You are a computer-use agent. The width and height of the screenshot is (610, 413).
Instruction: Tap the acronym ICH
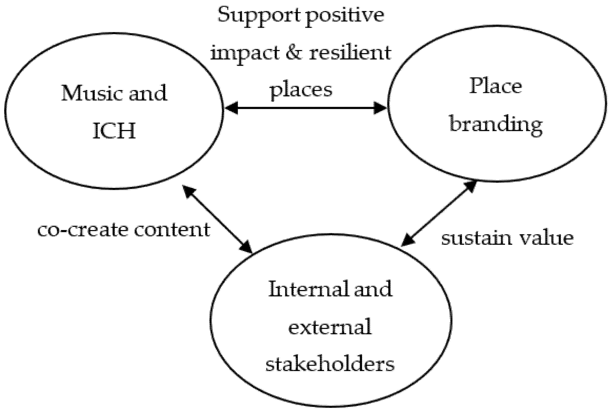pos(115,130)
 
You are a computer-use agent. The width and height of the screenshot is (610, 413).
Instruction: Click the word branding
pos(496,125)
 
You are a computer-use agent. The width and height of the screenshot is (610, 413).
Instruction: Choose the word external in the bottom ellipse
pos(330,327)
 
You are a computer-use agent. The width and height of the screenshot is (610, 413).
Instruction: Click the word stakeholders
pos(330,364)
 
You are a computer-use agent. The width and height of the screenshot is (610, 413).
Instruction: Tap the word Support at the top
pos(259,15)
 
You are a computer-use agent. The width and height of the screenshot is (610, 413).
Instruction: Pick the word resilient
pos(350,52)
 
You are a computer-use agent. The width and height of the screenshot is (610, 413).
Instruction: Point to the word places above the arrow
pos(301,90)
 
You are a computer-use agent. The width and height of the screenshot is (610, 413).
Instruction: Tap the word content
pos(172,230)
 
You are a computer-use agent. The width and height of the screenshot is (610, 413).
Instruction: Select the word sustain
pos(476,238)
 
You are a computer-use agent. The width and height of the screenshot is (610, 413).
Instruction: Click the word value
pos(546,238)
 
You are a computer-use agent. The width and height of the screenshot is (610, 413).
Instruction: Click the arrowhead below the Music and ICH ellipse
pos(188,191)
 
